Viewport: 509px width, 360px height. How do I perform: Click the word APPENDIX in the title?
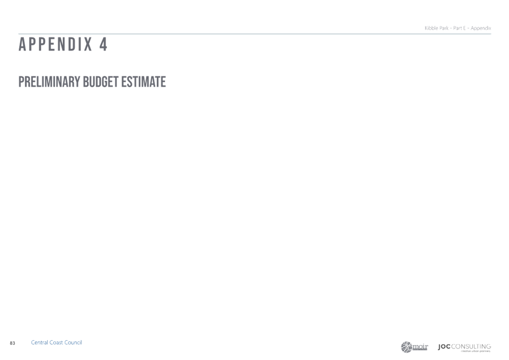click(x=55, y=44)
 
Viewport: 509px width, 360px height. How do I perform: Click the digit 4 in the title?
click(x=103, y=44)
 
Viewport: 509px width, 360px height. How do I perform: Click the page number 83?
click(x=13, y=343)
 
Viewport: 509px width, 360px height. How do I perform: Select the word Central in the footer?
click(x=39, y=343)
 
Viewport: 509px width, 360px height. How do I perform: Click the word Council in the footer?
click(x=73, y=343)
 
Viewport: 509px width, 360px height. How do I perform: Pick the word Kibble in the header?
click(x=431, y=28)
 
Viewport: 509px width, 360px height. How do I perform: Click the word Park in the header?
click(x=444, y=28)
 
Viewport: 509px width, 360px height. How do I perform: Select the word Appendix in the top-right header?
click(x=481, y=28)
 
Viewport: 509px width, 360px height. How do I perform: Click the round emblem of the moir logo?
click(x=406, y=347)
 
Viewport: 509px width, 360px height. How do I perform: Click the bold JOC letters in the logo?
click(x=444, y=347)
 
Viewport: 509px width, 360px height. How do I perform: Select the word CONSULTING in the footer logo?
click(x=471, y=347)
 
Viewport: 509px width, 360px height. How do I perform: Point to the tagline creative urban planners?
click(x=476, y=351)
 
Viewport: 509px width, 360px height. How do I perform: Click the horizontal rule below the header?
click(x=255, y=34)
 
